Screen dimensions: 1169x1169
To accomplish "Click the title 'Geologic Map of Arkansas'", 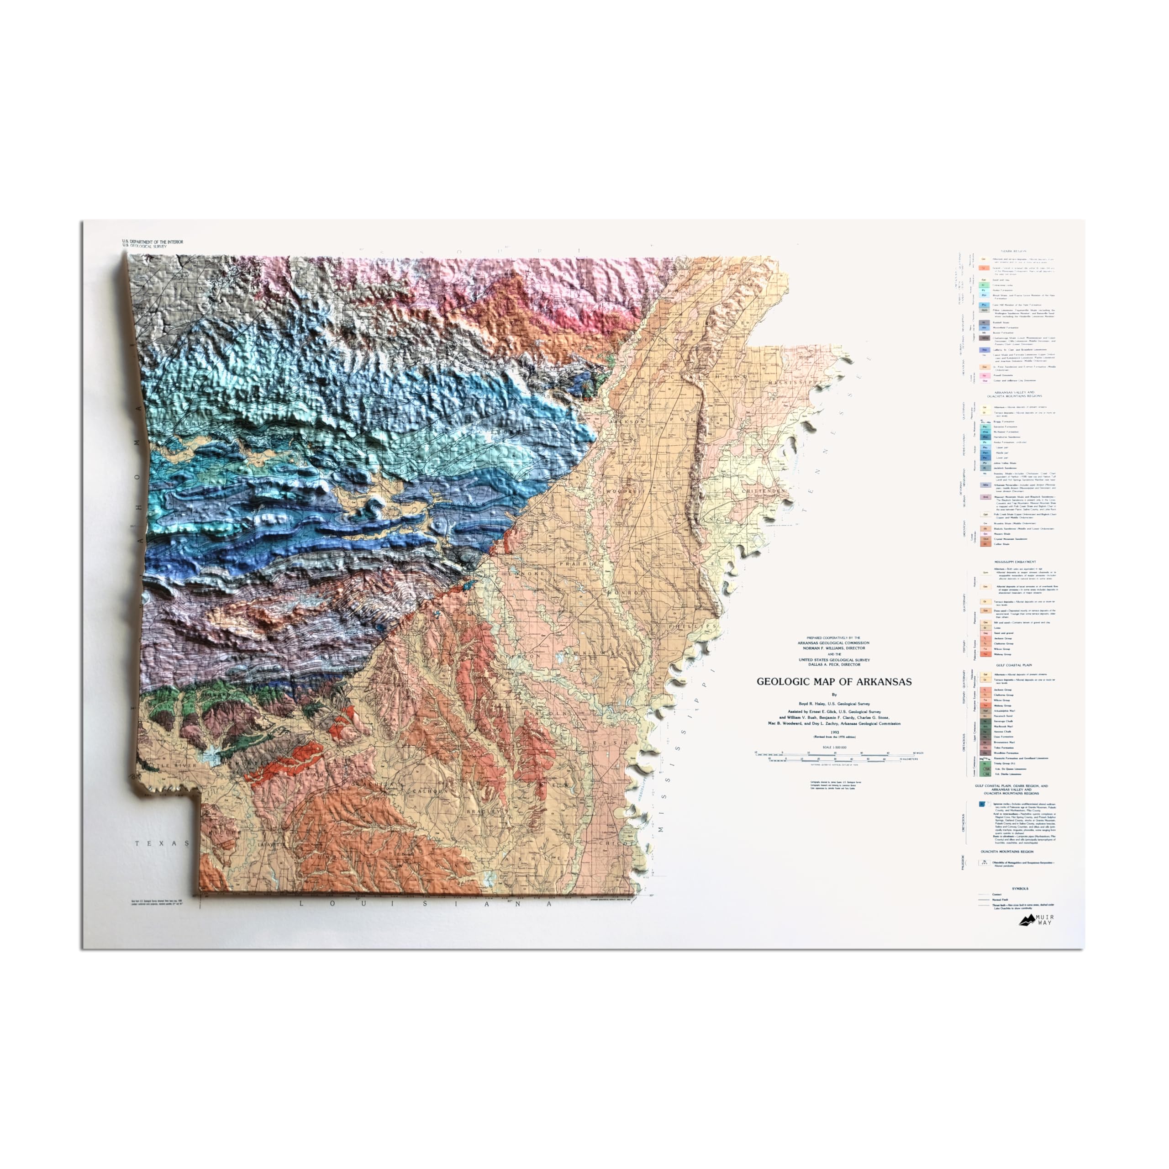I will (x=834, y=682).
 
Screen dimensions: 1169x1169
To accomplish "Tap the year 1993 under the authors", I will (x=834, y=732).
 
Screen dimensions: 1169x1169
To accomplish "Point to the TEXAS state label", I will (x=162, y=843).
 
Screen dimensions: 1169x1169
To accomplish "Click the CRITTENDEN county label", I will (x=769, y=491).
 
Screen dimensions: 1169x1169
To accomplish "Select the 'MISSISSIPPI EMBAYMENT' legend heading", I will (x=1015, y=562).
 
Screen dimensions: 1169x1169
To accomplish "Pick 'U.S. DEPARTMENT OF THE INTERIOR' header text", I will (x=153, y=242).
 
